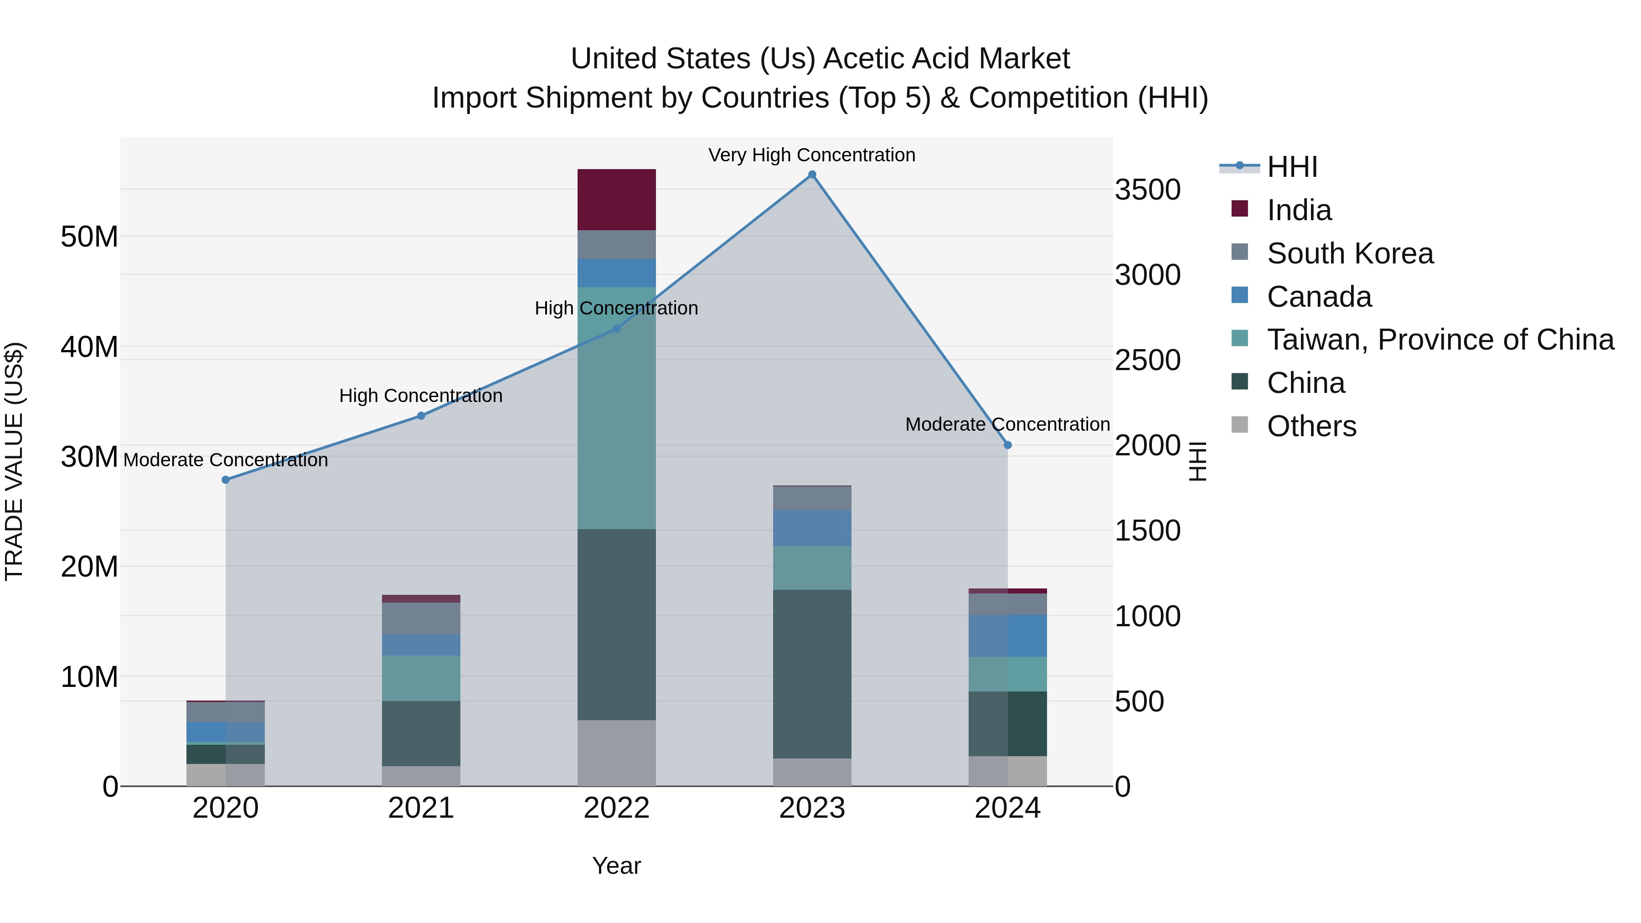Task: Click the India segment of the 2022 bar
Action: pyautogui.click(x=616, y=199)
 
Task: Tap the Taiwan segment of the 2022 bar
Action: pyautogui.click(x=616, y=407)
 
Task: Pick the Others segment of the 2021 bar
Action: pyautogui.click(x=420, y=775)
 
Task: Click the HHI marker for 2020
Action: pyautogui.click(x=226, y=480)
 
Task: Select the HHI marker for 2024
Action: pyautogui.click(x=1007, y=445)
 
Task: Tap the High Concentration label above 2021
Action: pyautogui.click(x=420, y=396)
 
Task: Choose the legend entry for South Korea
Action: pyautogui.click(x=1349, y=253)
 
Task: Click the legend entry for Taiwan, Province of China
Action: pyautogui.click(x=1440, y=340)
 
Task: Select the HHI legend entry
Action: pyautogui.click(x=1291, y=167)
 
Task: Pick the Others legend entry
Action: pyautogui.click(x=1311, y=426)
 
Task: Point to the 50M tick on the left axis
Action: pyautogui.click(x=89, y=237)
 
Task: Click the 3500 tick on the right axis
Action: pyautogui.click(x=1147, y=190)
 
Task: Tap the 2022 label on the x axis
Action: pyautogui.click(x=616, y=808)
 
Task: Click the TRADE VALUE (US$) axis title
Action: pyautogui.click(x=14, y=461)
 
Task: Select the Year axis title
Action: pyautogui.click(x=616, y=866)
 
